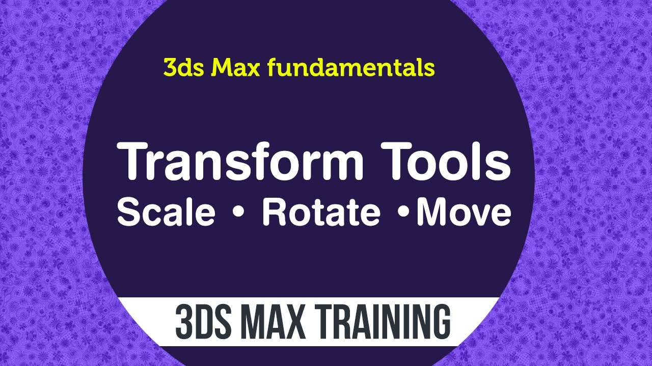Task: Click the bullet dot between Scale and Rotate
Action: (x=237, y=213)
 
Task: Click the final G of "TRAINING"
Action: (x=441, y=322)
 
